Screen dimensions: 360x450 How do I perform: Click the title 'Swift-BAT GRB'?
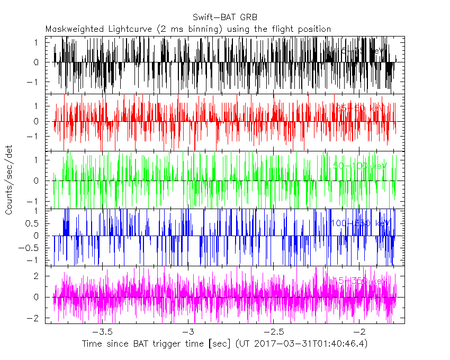coord(226,16)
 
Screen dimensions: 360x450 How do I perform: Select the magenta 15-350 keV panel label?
coord(360,281)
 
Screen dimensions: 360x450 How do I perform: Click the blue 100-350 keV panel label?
coord(360,223)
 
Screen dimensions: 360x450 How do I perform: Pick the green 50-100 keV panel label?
coord(360,166)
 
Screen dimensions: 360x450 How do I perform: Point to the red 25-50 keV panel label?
coord(360,108)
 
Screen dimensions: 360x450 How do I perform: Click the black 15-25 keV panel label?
coord(362,51)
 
